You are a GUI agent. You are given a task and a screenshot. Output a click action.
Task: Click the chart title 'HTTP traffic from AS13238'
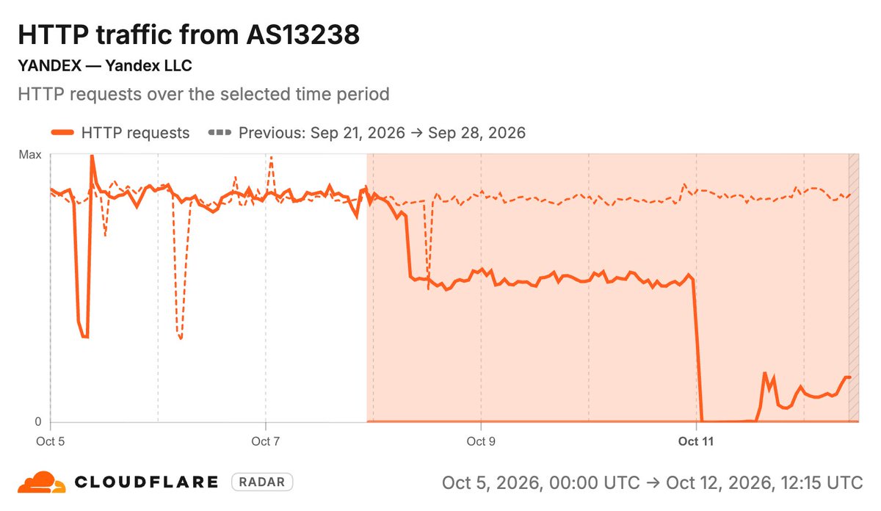[189, 35]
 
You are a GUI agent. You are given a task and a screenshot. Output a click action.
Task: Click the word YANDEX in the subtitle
[50, 65]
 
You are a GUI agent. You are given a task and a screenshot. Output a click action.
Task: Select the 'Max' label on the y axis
[30, 155]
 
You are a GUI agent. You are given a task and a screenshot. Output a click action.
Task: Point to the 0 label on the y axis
[37, 421]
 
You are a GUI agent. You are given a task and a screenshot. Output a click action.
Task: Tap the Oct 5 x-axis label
[51, 441]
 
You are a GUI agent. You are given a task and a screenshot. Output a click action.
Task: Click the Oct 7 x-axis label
[266, 441]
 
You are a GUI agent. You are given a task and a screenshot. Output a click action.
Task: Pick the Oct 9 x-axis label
[481, 441]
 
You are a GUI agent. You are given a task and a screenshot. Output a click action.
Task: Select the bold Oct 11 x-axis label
[696, 441]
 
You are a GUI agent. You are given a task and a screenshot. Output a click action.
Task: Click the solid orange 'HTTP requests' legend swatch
[62, 133]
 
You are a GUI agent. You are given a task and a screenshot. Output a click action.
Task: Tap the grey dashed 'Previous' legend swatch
[220, 133]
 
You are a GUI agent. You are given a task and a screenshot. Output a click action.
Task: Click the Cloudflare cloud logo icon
[42, 482]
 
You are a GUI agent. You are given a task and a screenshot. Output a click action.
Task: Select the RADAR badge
[262, 482]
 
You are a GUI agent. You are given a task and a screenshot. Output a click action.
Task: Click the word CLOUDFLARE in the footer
[146, 482]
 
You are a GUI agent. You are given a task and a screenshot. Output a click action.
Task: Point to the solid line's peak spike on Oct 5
[92, 156]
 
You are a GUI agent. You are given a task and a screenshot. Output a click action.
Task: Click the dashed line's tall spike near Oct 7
[271, 158]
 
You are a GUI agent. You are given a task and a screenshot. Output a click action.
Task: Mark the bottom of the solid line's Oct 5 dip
[85, 337]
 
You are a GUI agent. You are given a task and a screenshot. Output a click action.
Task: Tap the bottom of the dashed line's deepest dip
[181, 338]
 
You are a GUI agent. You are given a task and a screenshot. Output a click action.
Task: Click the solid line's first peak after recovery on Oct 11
[765, 373]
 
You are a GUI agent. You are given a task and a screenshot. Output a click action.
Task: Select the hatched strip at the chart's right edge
[853, 288]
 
